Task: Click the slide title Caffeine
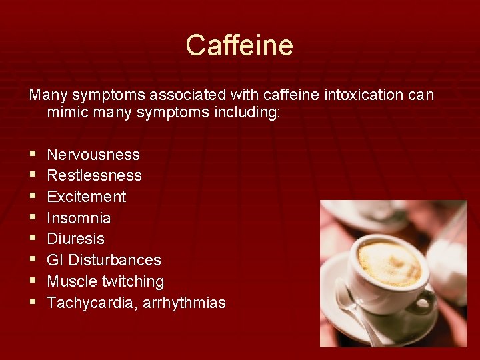tap(239, 45)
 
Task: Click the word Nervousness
tap(93, 155)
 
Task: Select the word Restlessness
tap(94, 175)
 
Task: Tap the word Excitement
tap(86, 197)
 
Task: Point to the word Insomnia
tap(79, 218)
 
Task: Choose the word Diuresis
tap(75, 239)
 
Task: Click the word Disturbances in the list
tap(115, 260)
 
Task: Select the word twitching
tap(133, 281)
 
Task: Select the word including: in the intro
tap(249, 113)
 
